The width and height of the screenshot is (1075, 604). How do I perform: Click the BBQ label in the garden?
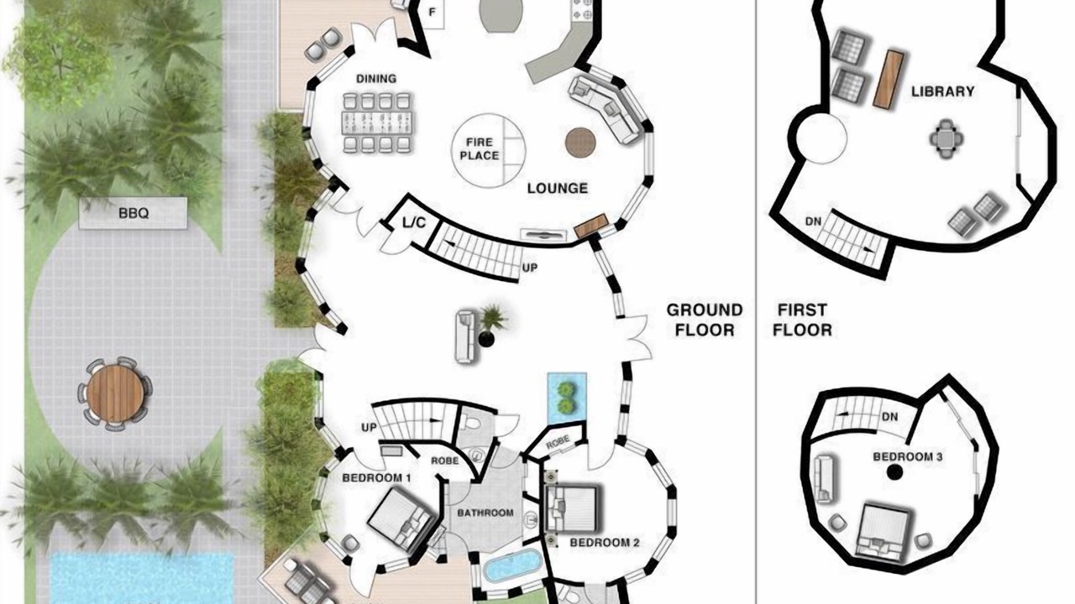pos(134,213)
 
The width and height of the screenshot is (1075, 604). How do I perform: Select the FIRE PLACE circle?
pos(489,150)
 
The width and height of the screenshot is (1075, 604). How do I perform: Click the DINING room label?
pos(376,79)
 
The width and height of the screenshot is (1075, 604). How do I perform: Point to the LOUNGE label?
pos(557,189)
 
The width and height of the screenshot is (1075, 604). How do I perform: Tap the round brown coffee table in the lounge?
pos(580,142)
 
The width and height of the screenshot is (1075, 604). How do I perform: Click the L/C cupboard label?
pos(414,222)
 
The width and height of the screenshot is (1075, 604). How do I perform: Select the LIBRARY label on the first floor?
pos(943,91)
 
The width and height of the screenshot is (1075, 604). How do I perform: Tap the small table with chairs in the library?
pos(946,139)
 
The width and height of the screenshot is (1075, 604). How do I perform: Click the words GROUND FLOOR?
pos(705,320)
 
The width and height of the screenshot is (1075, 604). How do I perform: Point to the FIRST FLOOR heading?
pos(802,320)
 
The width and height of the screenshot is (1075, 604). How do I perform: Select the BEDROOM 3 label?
pos(908,457)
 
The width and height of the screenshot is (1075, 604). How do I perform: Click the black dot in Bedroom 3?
pos(894,473)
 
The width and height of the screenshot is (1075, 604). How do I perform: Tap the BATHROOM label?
pos(485,513)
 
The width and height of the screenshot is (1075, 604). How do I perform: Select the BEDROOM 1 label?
pos(376,478)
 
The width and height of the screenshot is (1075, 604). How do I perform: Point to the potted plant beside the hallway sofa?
pos(490,324)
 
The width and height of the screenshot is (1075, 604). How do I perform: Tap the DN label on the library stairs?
pos(813,221)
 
